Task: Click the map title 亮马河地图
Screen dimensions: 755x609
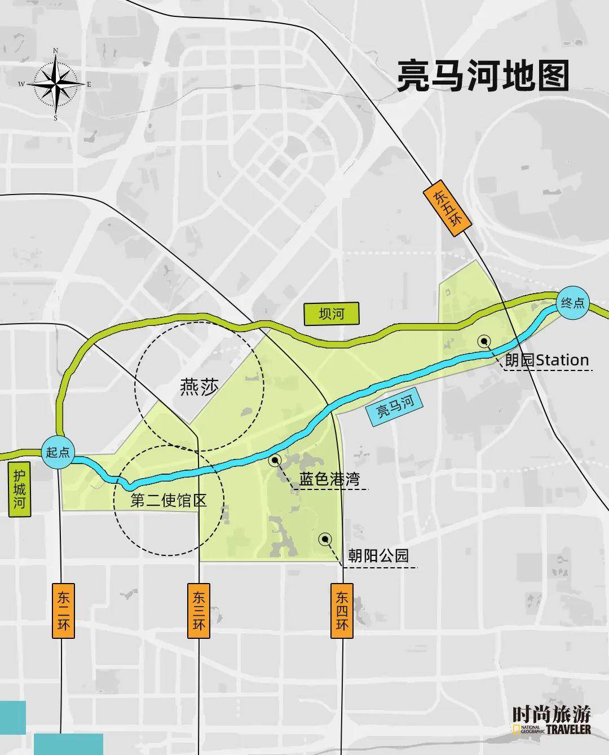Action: (483, 76)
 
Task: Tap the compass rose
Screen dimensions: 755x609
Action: (56, 85)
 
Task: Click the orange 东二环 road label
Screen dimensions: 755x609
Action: (64, 611)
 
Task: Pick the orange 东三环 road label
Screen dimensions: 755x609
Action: (199, 611)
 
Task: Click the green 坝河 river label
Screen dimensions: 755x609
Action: (331, 314)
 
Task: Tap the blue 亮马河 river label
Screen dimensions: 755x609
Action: (395, 406)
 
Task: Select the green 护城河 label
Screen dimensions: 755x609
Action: (20, 489)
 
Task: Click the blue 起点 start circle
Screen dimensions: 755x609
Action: (59, 453)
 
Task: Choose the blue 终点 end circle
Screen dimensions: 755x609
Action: (572, 303)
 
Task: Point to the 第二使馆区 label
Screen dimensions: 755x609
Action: (169, 500)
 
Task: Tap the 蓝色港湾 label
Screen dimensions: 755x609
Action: (329, 480)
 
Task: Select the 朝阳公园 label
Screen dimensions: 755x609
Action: (378, 557)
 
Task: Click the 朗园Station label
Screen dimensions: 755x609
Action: (546, 360)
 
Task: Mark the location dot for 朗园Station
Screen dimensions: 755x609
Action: (483, 341)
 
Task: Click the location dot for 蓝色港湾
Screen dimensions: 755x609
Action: (275, 461)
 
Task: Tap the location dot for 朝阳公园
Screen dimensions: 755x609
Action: (325, 540)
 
